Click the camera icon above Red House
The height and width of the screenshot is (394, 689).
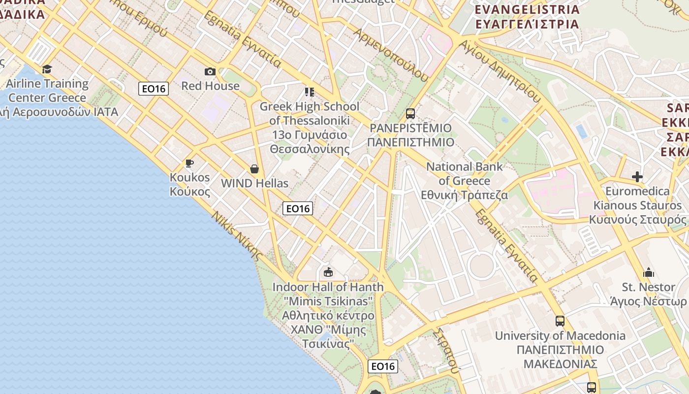click(210, 71)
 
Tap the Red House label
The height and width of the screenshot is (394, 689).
click(210, 86)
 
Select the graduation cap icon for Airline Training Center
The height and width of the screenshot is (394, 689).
click(47, 69)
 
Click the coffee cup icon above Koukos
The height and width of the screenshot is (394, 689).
click(189, 163)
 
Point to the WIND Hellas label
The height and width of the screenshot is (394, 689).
click(254, 183)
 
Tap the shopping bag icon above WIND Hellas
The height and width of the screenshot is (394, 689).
click(254, 169)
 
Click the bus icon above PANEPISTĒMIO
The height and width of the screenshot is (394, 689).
click(410, 114)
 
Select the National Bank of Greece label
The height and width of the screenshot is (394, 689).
click(464, 181)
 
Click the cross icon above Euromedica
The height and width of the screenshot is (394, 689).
click(637, 176)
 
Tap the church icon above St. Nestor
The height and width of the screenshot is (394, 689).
click(649, 272)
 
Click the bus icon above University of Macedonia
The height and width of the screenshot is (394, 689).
click(560, 321)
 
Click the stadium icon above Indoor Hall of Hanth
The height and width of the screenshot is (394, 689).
click(328, 272)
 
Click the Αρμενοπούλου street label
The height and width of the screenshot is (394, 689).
click(391, 54)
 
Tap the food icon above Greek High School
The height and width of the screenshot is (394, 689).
click(309, 92)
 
